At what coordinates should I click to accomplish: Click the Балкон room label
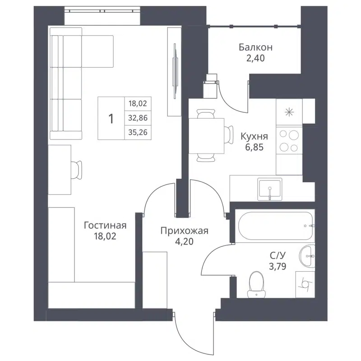(x=255, y=47)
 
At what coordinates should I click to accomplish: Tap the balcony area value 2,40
(x=255, y=58)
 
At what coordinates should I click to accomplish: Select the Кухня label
(x=255, y=136)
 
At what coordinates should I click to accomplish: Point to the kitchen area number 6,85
(x=255, y=147)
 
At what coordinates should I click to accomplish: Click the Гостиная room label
(x=105, y=225)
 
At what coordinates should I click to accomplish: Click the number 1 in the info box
(x=111, y=119)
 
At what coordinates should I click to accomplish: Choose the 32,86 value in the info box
(x=138, y=118)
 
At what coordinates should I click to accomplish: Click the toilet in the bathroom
(x=256, y=284)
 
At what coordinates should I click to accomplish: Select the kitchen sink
(x=270, y=188)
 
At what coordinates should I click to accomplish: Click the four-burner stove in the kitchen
(x=289, y=141)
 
